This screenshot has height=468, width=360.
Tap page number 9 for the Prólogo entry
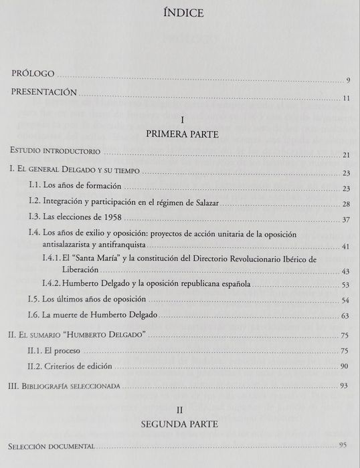349,82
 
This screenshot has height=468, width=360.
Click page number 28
346,203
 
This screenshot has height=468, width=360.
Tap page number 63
346,316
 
